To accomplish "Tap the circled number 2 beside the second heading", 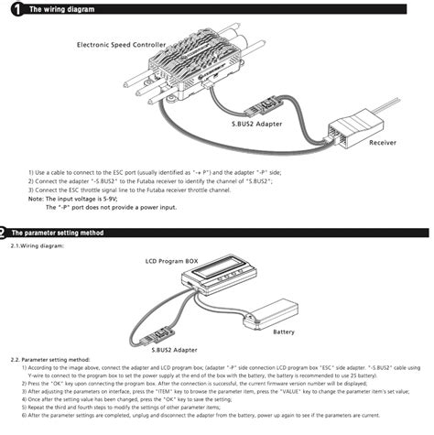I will click(5, 233).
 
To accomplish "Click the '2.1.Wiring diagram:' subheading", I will click(38, 245).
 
